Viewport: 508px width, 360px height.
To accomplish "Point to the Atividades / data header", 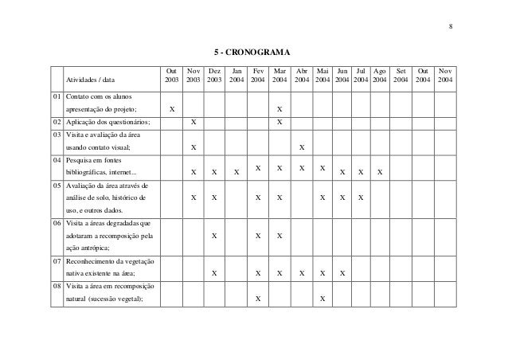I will tap(90, 80).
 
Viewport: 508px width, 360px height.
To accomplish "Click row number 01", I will tap(55, 96).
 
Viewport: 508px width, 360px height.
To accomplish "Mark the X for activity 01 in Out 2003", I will tap(173, 109).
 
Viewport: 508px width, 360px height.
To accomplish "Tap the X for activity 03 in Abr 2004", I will tap(301, 147).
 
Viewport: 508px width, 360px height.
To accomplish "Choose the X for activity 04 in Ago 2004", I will tap(380, 173).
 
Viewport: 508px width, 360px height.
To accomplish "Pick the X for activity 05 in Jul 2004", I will tap(361, 197).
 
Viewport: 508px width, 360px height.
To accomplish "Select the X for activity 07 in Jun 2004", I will tap(342, 273).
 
